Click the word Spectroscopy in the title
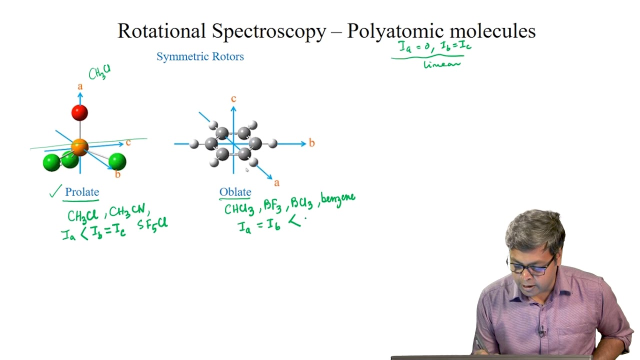[x=269, y=31]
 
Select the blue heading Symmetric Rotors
[x=200, y=56]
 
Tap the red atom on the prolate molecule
[x=79, y=113]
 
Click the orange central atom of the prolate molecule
[x=79, y=147]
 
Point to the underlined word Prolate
[x=82, y=192]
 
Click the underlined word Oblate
[x=235, y=192]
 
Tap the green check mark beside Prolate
[x=55, y=191]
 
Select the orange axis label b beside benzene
[x=311, y=143]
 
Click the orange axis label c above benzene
[x=233, y=98]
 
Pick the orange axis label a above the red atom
[x=80, y=87]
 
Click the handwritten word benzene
[x=338, y=198]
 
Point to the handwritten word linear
[x=441, y=64]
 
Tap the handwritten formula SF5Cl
[x=152, y=223]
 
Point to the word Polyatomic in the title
[x=394, y=31]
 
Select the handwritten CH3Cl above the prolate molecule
[x=99, y=73]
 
